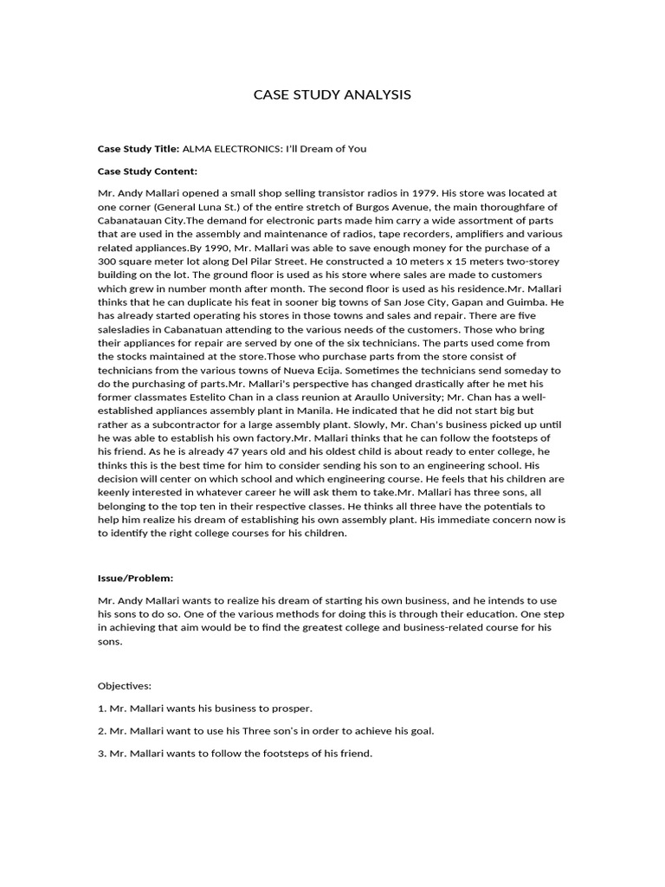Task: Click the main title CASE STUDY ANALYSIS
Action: tap(332, 94)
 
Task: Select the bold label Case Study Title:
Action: tap(139, 148)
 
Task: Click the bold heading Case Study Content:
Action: tap(147, 171)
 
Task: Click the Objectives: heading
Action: tap(125, 685)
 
